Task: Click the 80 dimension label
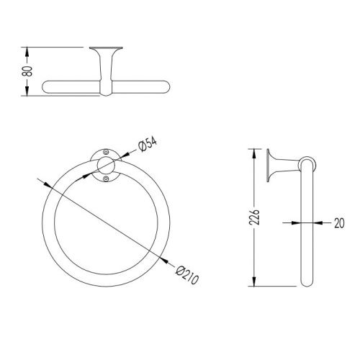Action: tap(27, 71)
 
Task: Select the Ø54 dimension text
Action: tap(148, 144)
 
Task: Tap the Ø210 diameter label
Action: tap(187, 275)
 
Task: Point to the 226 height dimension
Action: tap(254, 217)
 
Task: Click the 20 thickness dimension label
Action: tap(339, 223)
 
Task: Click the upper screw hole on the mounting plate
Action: tap(106, 152)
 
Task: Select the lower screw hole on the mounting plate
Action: tap(106, 179)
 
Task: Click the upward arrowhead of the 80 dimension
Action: tap(27, 52)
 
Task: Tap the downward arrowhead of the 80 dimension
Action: tap(27, 91)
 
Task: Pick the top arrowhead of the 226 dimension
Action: tap(254, 154)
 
